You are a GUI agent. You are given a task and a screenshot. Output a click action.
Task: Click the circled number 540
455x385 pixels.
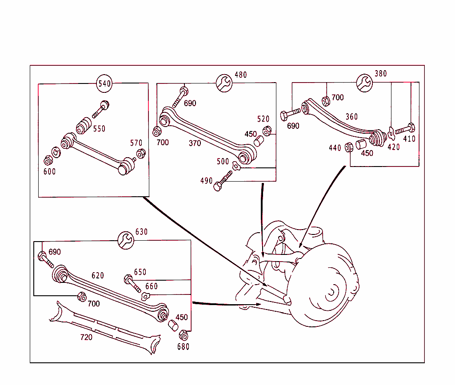click(104, 83)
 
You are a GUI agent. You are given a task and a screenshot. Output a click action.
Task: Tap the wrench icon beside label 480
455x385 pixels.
click(224, 83)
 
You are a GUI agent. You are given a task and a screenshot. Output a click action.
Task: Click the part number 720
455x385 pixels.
click(86, 337)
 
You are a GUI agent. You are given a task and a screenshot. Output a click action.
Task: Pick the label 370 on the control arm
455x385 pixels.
click(195, 143)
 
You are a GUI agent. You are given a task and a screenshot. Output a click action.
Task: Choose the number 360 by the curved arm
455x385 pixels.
click(351, 117)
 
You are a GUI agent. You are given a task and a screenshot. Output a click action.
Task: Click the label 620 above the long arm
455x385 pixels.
click(98, 275)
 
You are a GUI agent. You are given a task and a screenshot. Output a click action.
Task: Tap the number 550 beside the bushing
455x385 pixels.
click(99, 129)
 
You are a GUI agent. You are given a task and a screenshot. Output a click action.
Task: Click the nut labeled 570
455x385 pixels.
click(140, 154)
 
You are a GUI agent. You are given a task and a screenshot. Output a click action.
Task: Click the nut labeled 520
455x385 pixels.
click(267, 131)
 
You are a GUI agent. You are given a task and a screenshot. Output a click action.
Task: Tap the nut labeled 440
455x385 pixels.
click(349, 146)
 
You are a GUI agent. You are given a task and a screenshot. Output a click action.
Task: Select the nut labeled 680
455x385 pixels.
click(183, 336)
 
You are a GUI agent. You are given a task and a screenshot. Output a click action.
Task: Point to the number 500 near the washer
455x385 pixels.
click(223, 162)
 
